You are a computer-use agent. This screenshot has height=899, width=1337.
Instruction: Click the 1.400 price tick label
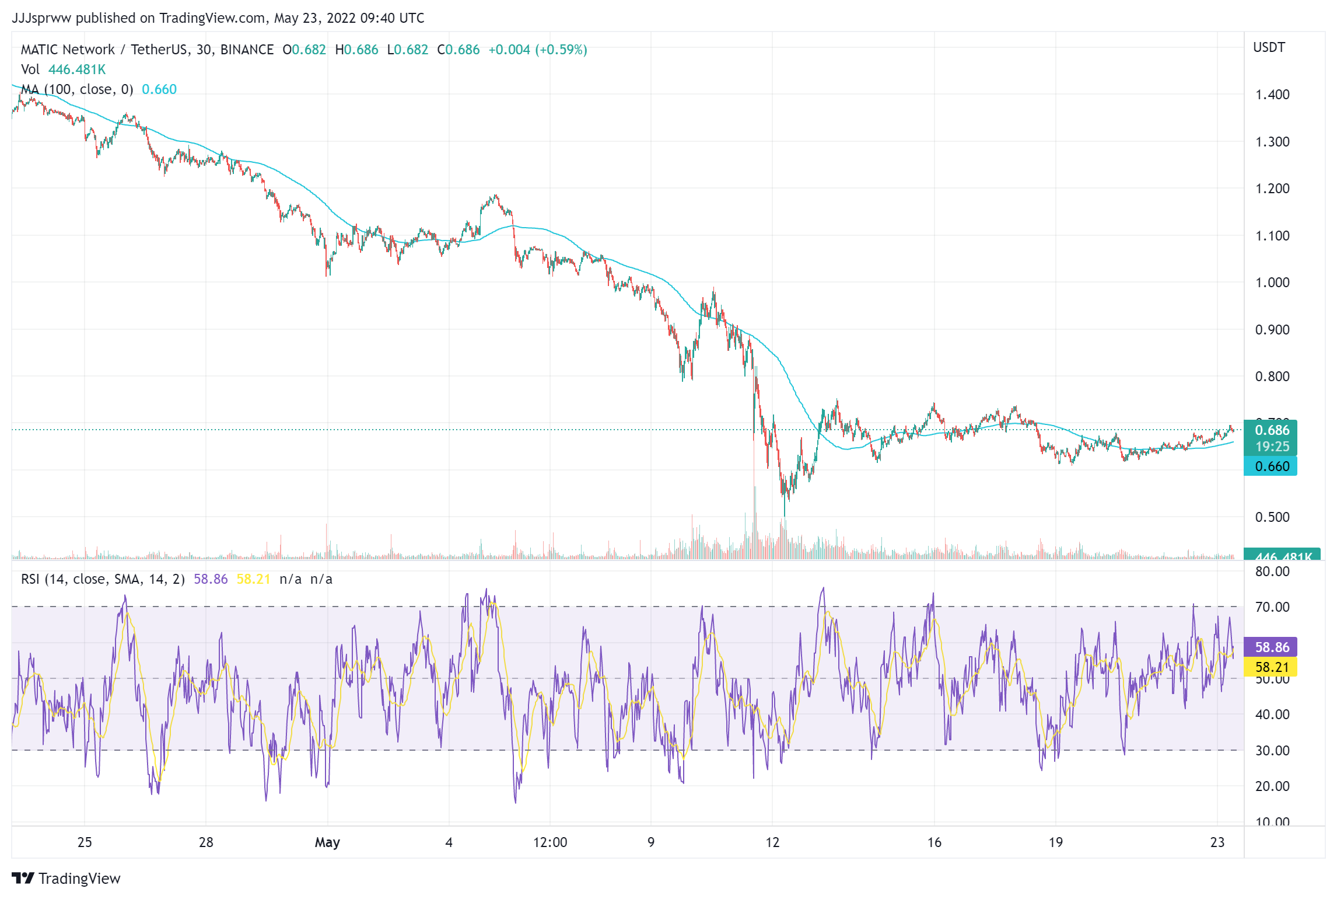[1272, 95]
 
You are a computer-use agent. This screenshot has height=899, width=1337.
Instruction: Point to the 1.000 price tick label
[1272, 283]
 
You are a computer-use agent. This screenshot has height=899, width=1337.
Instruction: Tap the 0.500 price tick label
[1272, 517]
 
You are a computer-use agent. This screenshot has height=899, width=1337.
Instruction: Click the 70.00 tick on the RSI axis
[1272, 607]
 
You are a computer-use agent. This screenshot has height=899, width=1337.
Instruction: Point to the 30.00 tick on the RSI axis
[1272, 751]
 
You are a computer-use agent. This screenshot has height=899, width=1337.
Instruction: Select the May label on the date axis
[327, 842]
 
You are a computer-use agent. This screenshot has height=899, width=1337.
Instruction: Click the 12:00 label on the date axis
[550, 842]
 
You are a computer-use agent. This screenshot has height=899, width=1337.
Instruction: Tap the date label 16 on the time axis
[934, 842]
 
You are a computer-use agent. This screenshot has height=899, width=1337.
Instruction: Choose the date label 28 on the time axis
[206, 842]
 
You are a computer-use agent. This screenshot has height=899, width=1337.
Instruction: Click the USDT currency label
[1269, 47]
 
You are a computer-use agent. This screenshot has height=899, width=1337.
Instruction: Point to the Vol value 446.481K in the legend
[77, 69]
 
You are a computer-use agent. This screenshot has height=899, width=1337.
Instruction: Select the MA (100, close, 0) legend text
[77, 89]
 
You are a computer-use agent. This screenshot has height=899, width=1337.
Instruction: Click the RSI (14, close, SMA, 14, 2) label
[103, 579]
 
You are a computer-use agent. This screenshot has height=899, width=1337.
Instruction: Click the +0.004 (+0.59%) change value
[537, 50]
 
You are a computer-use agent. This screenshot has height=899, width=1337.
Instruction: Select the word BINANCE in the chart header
[247, 50]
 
